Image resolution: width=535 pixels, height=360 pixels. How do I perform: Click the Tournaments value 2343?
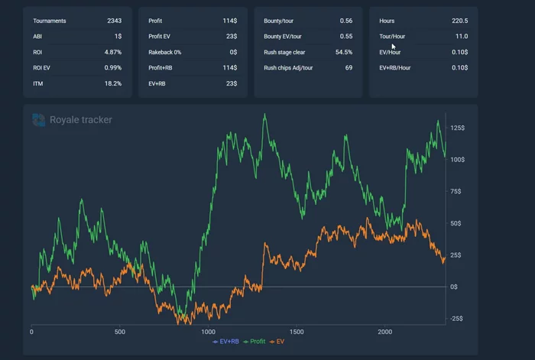(x=114, y=21)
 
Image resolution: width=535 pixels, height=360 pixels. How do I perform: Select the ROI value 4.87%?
(x=112, y=52)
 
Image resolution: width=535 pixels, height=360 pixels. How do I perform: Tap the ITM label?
(x=37, y=83)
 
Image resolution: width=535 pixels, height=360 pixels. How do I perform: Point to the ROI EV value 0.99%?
(x=112, y=68)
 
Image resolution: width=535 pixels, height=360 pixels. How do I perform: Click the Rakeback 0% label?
(x=166, y=52)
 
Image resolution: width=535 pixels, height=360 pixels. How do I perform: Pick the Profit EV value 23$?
(x=230, y=37)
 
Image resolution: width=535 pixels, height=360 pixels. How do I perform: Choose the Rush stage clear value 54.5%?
(x=343, y=52)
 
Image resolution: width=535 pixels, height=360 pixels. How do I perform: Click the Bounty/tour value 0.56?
(x=345, y=21)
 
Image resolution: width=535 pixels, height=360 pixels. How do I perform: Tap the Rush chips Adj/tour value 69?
(x=349, y=68)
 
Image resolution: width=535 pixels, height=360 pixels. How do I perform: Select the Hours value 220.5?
(x=459, y=21)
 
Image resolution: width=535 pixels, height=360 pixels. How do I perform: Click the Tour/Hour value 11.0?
(x=461, y=37)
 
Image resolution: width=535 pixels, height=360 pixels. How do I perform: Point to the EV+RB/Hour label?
(x=395, y=68)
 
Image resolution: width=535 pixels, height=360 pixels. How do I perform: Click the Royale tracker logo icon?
(x=38, y=119)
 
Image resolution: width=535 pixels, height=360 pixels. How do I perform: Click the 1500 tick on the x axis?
(x=297, y=332)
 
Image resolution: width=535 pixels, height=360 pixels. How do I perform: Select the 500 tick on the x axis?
(x=120, y=332)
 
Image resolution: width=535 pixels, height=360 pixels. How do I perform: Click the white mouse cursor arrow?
(x=394, y=47)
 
